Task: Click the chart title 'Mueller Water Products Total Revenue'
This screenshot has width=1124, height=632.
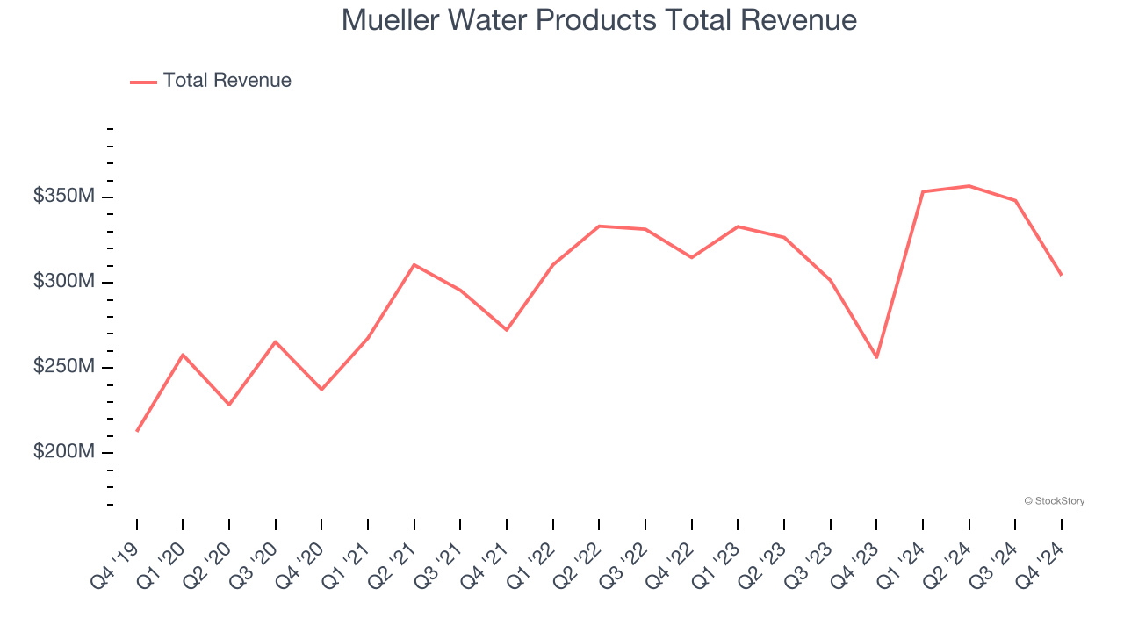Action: click(599, 19)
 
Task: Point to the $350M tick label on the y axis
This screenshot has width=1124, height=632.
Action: click(63, 197)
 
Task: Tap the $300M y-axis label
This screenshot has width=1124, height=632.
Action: click(63, 282)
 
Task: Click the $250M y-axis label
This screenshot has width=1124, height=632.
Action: click(63, 367)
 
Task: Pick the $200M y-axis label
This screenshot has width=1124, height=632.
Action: click(63, 452)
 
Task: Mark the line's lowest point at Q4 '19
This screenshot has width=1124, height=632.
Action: click(137, 431)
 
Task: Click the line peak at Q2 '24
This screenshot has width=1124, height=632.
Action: click(969, 186)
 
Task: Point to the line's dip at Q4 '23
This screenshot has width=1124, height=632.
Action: click(876, 357)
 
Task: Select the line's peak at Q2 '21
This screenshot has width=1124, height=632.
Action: click(414, 264)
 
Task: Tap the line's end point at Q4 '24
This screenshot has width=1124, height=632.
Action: click(1061, 275)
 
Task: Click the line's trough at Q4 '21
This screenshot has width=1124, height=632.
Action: click(507, 330)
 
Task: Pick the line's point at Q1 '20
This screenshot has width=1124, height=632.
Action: click(183, 355)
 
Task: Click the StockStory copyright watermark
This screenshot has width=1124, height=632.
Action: click(1054, 501)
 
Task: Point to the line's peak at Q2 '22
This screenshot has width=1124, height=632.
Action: click(599, 226)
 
